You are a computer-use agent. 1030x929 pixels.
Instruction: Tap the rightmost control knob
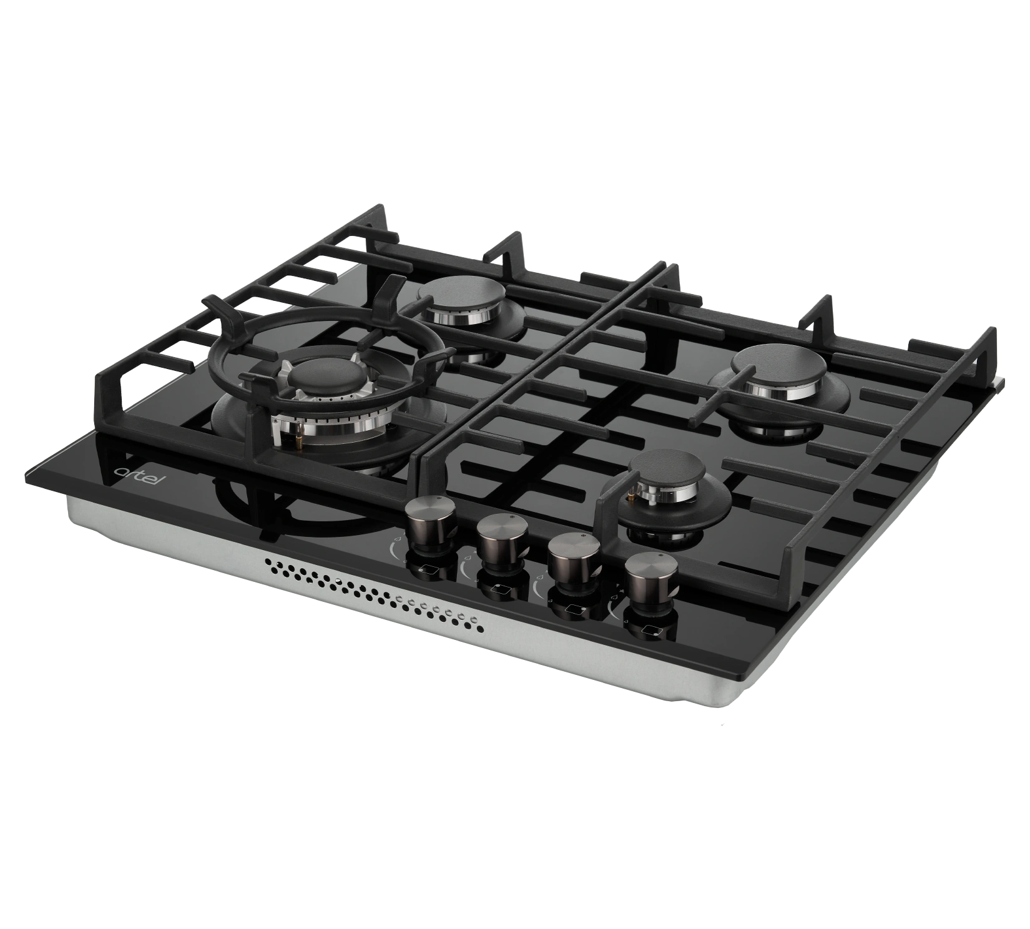pos(650,580)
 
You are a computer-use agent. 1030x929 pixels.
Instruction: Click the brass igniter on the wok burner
pos(302,436)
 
